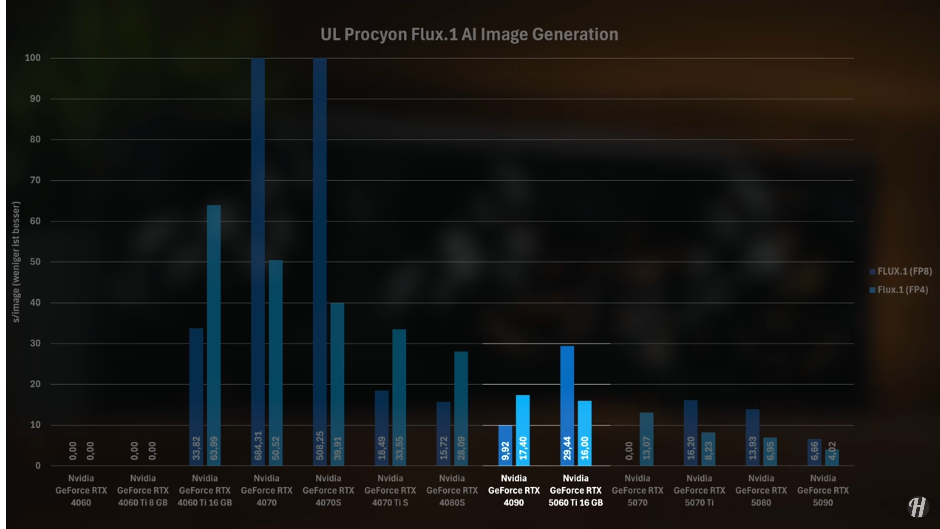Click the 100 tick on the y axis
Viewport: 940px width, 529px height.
click(33, 58)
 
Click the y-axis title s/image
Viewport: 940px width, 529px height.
click(16, 262)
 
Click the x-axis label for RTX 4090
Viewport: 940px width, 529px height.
click(514, 490)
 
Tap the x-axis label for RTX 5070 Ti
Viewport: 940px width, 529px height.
click(699, 490)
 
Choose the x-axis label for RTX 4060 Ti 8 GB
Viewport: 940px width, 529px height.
click(143, 490)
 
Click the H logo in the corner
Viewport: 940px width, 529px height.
click(918, 507)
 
